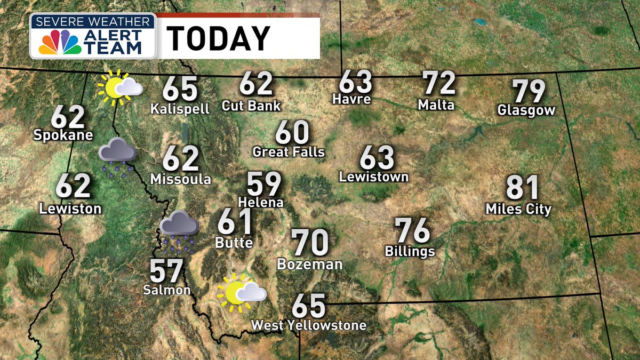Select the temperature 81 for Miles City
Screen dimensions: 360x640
click(x=523, y=189)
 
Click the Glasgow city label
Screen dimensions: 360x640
click(x=526, y=110)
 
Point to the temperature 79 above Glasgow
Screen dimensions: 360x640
click(x=529, y=92)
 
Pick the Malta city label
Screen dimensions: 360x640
click(x=436, y=105)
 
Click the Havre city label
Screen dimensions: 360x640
click(x=351, y=99)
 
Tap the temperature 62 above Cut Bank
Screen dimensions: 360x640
click(x=256, y=84)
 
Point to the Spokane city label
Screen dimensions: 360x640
click(x=63, y=135)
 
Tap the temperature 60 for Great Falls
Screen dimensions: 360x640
click(x=292, y=133)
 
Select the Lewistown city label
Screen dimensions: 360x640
click(x=374, y=177)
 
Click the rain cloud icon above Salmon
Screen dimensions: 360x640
click(x=179, y=230)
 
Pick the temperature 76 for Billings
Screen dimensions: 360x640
click(x=412, y=231)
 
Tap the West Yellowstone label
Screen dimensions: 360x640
click(x=309, y=325)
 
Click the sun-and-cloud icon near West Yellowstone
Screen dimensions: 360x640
click(x=241, y=292)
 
